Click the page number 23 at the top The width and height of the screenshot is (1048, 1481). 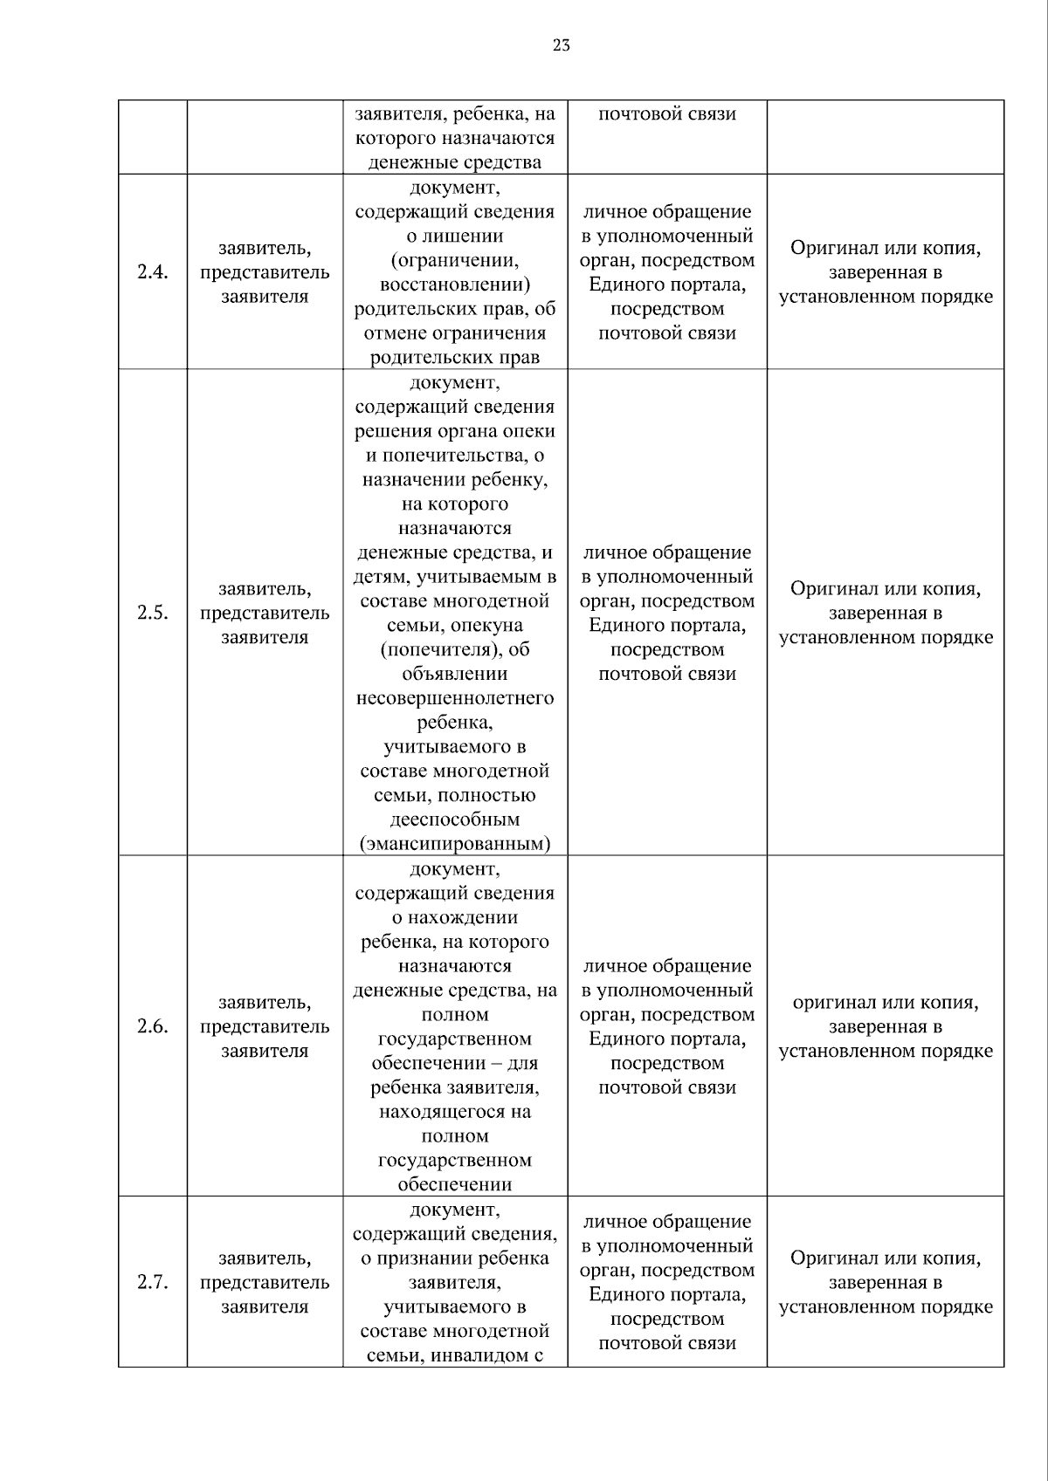click(x=562, y=45)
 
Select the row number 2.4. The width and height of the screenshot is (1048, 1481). click(x=152, y=271)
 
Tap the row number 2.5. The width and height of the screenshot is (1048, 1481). click(x=152, y=612)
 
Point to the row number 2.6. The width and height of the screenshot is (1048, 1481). click(x=152, y=1025)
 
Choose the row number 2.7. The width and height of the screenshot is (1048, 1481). click(x=152, y=1282)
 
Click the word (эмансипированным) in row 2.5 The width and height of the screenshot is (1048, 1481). click(x=455, y=844)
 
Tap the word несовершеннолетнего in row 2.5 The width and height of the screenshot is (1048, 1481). click(x=455, y=698)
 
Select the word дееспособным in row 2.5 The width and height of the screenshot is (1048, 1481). click(x=455, y=819)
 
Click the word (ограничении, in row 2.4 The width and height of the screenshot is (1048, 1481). click(x=455, y=260)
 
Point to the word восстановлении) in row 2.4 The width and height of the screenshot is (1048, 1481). click(x=455, y=285)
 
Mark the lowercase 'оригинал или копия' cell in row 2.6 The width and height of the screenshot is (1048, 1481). click(x=886, y=1026)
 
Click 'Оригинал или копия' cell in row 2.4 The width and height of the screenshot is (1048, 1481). click(x=886, y=272)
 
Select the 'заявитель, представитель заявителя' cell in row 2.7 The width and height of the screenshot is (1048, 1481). click(x=265, y=1282)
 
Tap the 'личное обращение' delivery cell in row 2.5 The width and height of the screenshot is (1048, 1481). click(x=667, y=613)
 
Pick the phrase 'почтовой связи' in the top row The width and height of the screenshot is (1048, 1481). click(x=667, y=114)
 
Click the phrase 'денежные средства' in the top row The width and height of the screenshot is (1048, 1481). click(x=455, y=162)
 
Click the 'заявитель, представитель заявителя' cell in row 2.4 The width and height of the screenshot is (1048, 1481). click(x=265, y=271)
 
